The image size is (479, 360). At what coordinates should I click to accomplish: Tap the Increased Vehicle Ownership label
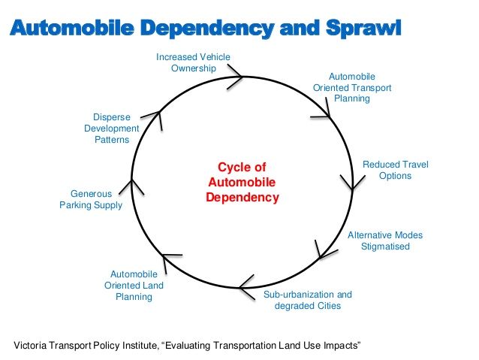(x=193, y=62)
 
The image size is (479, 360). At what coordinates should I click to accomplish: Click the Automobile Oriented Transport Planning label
(x=352, y=87)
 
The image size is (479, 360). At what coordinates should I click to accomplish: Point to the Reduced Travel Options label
(x=395, y=170)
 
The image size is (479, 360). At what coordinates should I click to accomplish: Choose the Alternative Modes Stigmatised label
(x=384, y=241)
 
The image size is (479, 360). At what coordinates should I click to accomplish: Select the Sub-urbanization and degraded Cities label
(x=307, y=300)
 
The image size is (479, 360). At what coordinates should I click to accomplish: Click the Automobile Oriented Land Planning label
(x=133, y=286)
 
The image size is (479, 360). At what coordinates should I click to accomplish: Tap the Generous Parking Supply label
(x=91, y=199)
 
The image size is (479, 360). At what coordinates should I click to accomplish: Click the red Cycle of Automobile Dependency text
(x=242, y=182)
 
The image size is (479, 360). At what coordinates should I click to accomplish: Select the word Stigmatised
(x=385, y=247)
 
